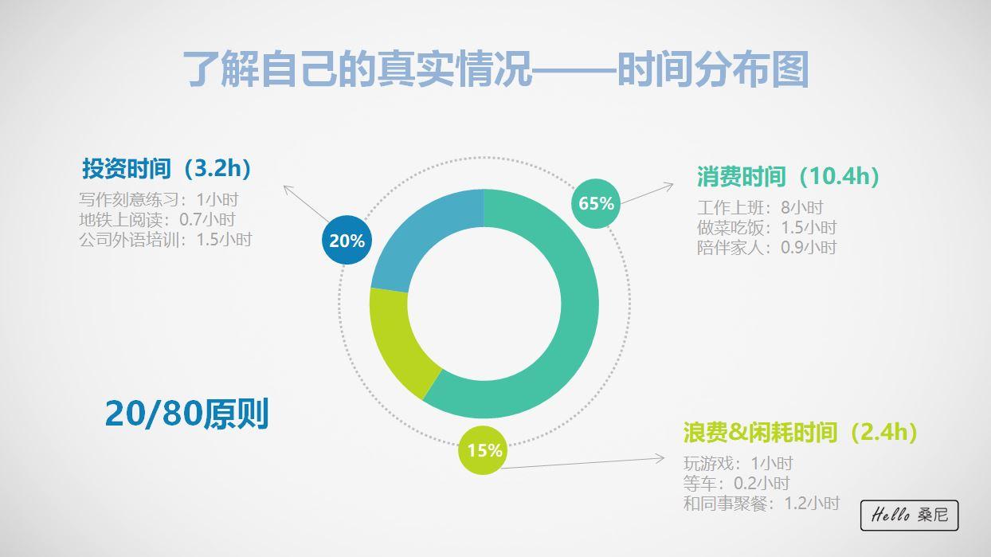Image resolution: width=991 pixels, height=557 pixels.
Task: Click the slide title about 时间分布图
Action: [496, 69]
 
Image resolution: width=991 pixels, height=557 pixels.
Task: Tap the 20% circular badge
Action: [347, 240]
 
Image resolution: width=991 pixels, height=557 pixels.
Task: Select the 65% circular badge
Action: [596, 203]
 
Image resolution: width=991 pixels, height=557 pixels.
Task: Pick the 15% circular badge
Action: [483, 450]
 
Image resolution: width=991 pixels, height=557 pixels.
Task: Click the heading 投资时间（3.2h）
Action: [166, 169]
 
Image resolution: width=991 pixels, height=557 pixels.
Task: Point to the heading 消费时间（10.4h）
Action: [788, 176]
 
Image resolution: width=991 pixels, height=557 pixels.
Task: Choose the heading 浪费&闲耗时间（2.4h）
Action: [801, 432]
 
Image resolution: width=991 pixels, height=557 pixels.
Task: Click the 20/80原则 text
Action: [186, 414]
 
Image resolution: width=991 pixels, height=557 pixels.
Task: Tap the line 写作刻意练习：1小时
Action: [159, 199]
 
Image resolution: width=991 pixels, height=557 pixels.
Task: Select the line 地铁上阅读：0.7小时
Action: [157, 219]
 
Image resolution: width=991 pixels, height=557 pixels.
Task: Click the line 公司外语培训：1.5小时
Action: [166, 239]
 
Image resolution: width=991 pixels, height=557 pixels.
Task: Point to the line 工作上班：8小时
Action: [760, 207]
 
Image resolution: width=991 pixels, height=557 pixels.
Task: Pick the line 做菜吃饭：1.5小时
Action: [766, 227]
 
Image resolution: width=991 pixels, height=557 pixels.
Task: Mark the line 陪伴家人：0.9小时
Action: [766, 247]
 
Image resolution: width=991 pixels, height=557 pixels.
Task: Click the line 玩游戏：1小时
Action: [738, 463]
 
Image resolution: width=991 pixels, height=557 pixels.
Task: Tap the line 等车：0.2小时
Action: [736, 483]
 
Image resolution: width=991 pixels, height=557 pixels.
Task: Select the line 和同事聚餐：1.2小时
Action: [762, 503]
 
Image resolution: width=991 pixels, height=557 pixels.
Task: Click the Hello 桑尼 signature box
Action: [910, 516]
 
